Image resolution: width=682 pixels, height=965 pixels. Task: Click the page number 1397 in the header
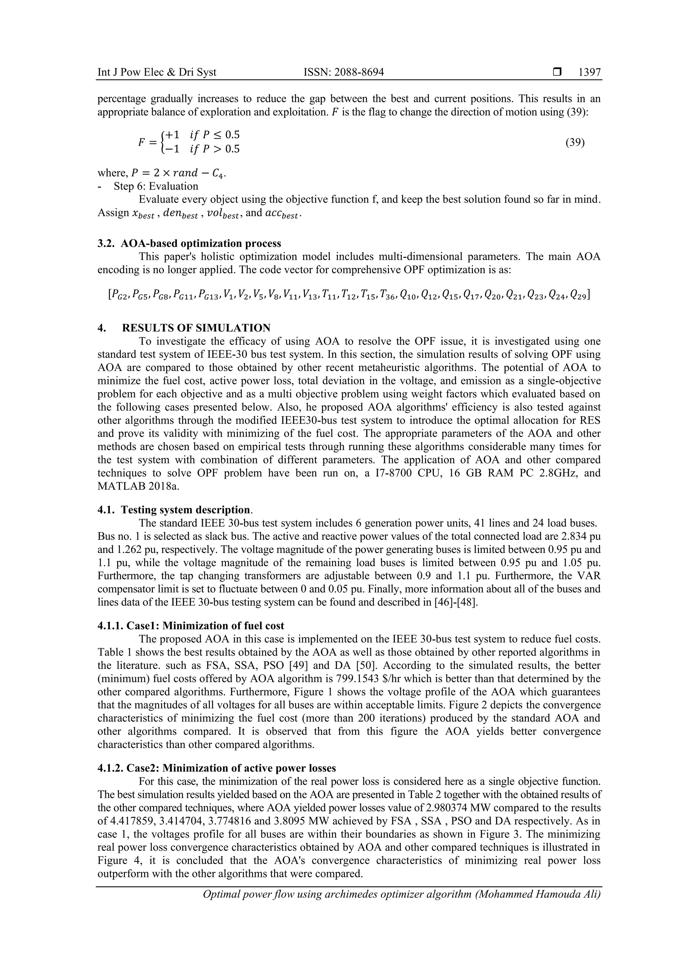[x=589, y=72]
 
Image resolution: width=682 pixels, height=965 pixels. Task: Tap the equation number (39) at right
[x=575, y=142]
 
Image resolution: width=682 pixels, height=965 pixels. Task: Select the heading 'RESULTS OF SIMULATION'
[x=196, y=328]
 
